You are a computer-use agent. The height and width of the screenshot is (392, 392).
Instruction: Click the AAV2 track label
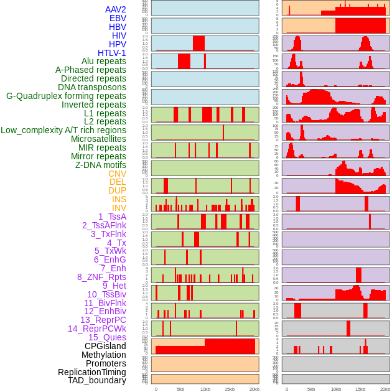coord(116,9)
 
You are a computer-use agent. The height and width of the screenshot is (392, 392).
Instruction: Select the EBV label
coord(118,18)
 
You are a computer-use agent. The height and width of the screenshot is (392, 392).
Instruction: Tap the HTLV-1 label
coord(112,53)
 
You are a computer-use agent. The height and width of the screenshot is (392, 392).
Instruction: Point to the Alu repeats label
coord(104,61)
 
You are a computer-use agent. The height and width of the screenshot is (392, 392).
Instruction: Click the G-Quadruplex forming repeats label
coord(66,96)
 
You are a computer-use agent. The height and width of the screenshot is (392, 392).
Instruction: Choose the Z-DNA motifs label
coord(101,165)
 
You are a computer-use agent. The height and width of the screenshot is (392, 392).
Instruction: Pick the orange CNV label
coord(117,174)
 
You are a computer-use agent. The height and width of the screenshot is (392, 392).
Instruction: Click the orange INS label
coord(119,199)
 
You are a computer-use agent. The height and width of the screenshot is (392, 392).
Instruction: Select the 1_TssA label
coord(112,217)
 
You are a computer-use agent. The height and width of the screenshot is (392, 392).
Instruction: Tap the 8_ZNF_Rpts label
coord(101,277)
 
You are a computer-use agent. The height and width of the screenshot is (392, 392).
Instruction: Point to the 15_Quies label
coord(107,337)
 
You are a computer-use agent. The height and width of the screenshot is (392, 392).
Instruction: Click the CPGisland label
coord(105,346)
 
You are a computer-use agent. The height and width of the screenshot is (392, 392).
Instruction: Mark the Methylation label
coord(104,355)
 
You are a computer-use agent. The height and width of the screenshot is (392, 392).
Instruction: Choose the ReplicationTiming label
coord(92,372)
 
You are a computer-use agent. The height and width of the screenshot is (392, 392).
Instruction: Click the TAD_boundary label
coord(97,380)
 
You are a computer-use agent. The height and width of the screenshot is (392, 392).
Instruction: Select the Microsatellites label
coord(98,139)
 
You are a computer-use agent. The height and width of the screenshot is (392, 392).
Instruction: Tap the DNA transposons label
coord(92,87)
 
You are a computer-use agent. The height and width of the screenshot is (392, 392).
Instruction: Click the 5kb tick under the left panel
coord(180,389)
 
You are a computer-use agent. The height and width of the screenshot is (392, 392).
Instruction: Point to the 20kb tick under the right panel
coord(385,389)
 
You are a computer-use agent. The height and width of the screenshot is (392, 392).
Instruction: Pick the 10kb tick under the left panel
coord(205,389)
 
